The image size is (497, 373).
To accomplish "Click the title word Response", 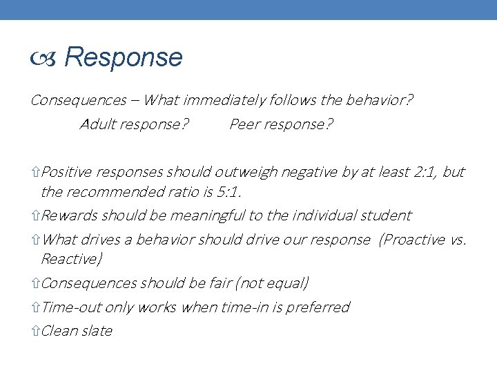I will pos(124,58).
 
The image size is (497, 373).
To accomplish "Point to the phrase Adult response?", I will pos(135,125).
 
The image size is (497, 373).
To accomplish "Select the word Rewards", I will pos(70,216).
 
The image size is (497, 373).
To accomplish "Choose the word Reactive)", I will pos(72,258).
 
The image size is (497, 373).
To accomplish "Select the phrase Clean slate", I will pos(77,331).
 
